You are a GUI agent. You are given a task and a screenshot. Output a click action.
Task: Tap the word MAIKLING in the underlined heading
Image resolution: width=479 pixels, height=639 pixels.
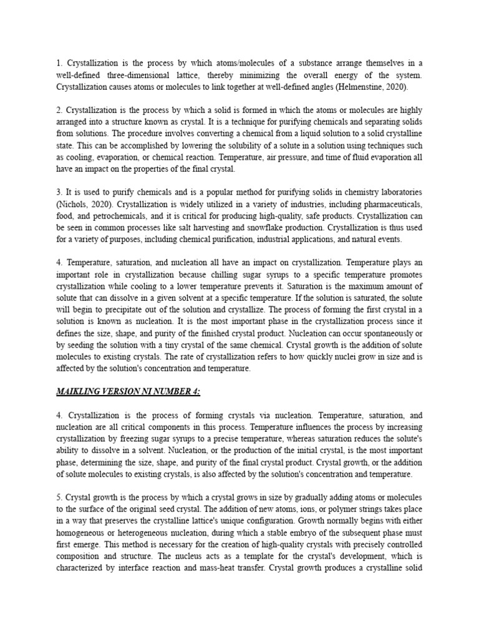tap(78, 391)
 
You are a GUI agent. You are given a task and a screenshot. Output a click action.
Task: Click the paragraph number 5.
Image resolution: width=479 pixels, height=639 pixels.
tap(59, 497)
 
